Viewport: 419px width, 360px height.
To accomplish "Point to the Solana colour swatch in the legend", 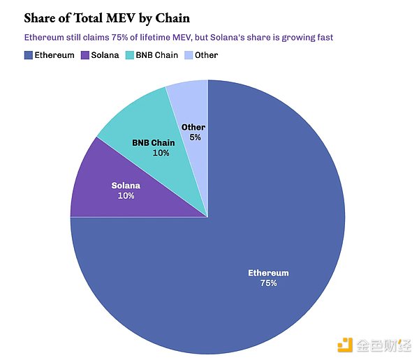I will pyautogui.click(x=85, y=54).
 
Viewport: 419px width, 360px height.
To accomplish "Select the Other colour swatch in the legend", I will pyautogui.click(x=187, y=54).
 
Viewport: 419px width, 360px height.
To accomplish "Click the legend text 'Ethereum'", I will pyautogui.click(x=54, y=54).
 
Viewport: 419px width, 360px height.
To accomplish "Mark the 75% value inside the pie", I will pyautogui.click(x=268, y=283).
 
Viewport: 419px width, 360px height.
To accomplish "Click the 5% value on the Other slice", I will pyautogui.click(x=195, y=137).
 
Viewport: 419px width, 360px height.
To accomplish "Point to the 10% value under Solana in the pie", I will pyautogui.click(x=126, y=196).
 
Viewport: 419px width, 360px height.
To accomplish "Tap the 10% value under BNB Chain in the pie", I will pyautogui.click(x=161, y=153).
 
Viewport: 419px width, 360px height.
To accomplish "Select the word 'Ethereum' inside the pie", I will pyautogui.click(x=268, y=273).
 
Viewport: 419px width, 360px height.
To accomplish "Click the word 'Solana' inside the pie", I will pyautogui.click(x=126, y=186).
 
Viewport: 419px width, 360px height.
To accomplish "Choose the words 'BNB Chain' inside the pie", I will pyautogui.click(x=154, y=142).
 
